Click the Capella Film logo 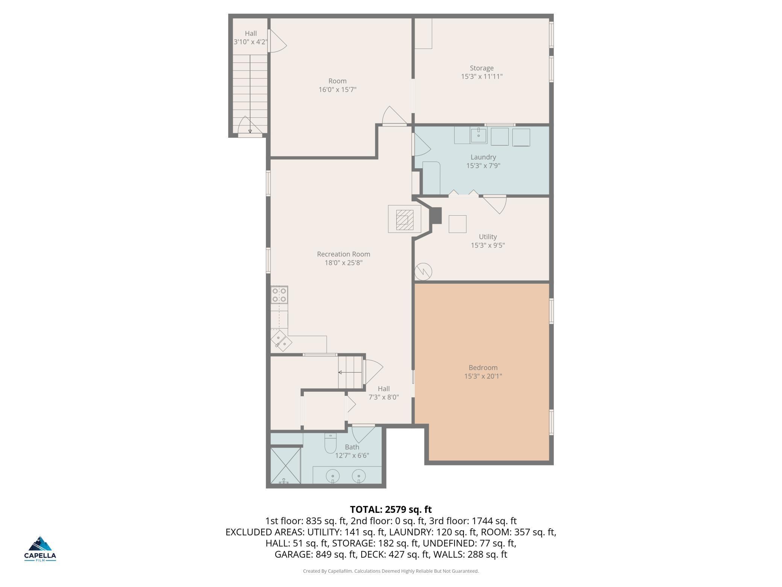[40, 548]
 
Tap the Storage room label [482, 68]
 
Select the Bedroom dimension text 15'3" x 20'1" [483, 376]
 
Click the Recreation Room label [344, 254]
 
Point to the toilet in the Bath [330, 444]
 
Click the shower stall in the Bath [286, 465]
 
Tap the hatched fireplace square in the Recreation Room [405, 220]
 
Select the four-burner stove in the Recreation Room [279, 295]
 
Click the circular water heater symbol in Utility [423, 271]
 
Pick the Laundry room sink [479, 135]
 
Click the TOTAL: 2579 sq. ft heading [391, 509]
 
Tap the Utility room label [488, 237]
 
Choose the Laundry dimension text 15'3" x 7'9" [483, 166]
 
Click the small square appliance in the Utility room [458, 224]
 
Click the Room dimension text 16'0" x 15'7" [338, 90]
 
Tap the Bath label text [352, 447]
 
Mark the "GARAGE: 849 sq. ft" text [315, 554]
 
